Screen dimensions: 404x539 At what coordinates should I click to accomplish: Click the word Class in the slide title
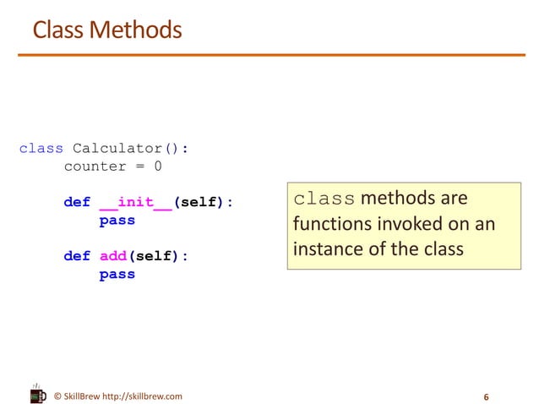58,30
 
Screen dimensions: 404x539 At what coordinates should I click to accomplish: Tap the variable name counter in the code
95,167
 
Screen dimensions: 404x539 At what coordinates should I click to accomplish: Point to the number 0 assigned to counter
157,167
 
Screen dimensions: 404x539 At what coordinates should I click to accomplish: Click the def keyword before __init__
77,203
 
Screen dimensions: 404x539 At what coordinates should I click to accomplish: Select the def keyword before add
77,256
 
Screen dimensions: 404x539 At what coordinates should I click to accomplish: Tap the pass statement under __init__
117,221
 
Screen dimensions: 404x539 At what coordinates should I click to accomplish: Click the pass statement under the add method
117,274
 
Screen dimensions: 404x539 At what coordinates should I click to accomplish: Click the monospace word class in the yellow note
324,199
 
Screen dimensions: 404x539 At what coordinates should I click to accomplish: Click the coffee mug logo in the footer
37,394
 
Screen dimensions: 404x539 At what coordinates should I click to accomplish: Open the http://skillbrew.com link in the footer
141,396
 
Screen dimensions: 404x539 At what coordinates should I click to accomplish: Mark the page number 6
486,396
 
